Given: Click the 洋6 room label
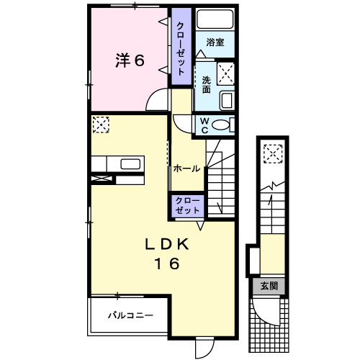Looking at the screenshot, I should click(130, 61).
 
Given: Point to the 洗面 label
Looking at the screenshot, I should click(207, 84).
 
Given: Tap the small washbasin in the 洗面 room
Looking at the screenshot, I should click(226, 99).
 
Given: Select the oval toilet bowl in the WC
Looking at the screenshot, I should click(222, 125).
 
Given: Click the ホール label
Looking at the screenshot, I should click(186, 168).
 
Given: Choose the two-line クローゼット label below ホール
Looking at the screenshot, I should click(186, 205).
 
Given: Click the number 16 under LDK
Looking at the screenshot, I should click(165, 264).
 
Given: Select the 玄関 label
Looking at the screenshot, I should click(269, 286).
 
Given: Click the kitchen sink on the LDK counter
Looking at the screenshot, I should click(130, 163).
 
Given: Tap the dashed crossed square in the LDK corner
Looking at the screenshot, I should click(99, 125).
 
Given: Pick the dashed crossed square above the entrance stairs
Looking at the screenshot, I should click(272, 153).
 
